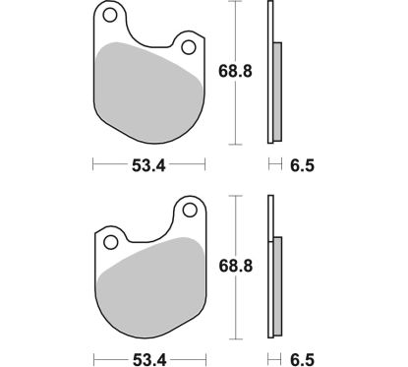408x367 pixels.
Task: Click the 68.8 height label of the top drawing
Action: (229, 72)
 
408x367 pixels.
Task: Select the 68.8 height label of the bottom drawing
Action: (229, 268)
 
